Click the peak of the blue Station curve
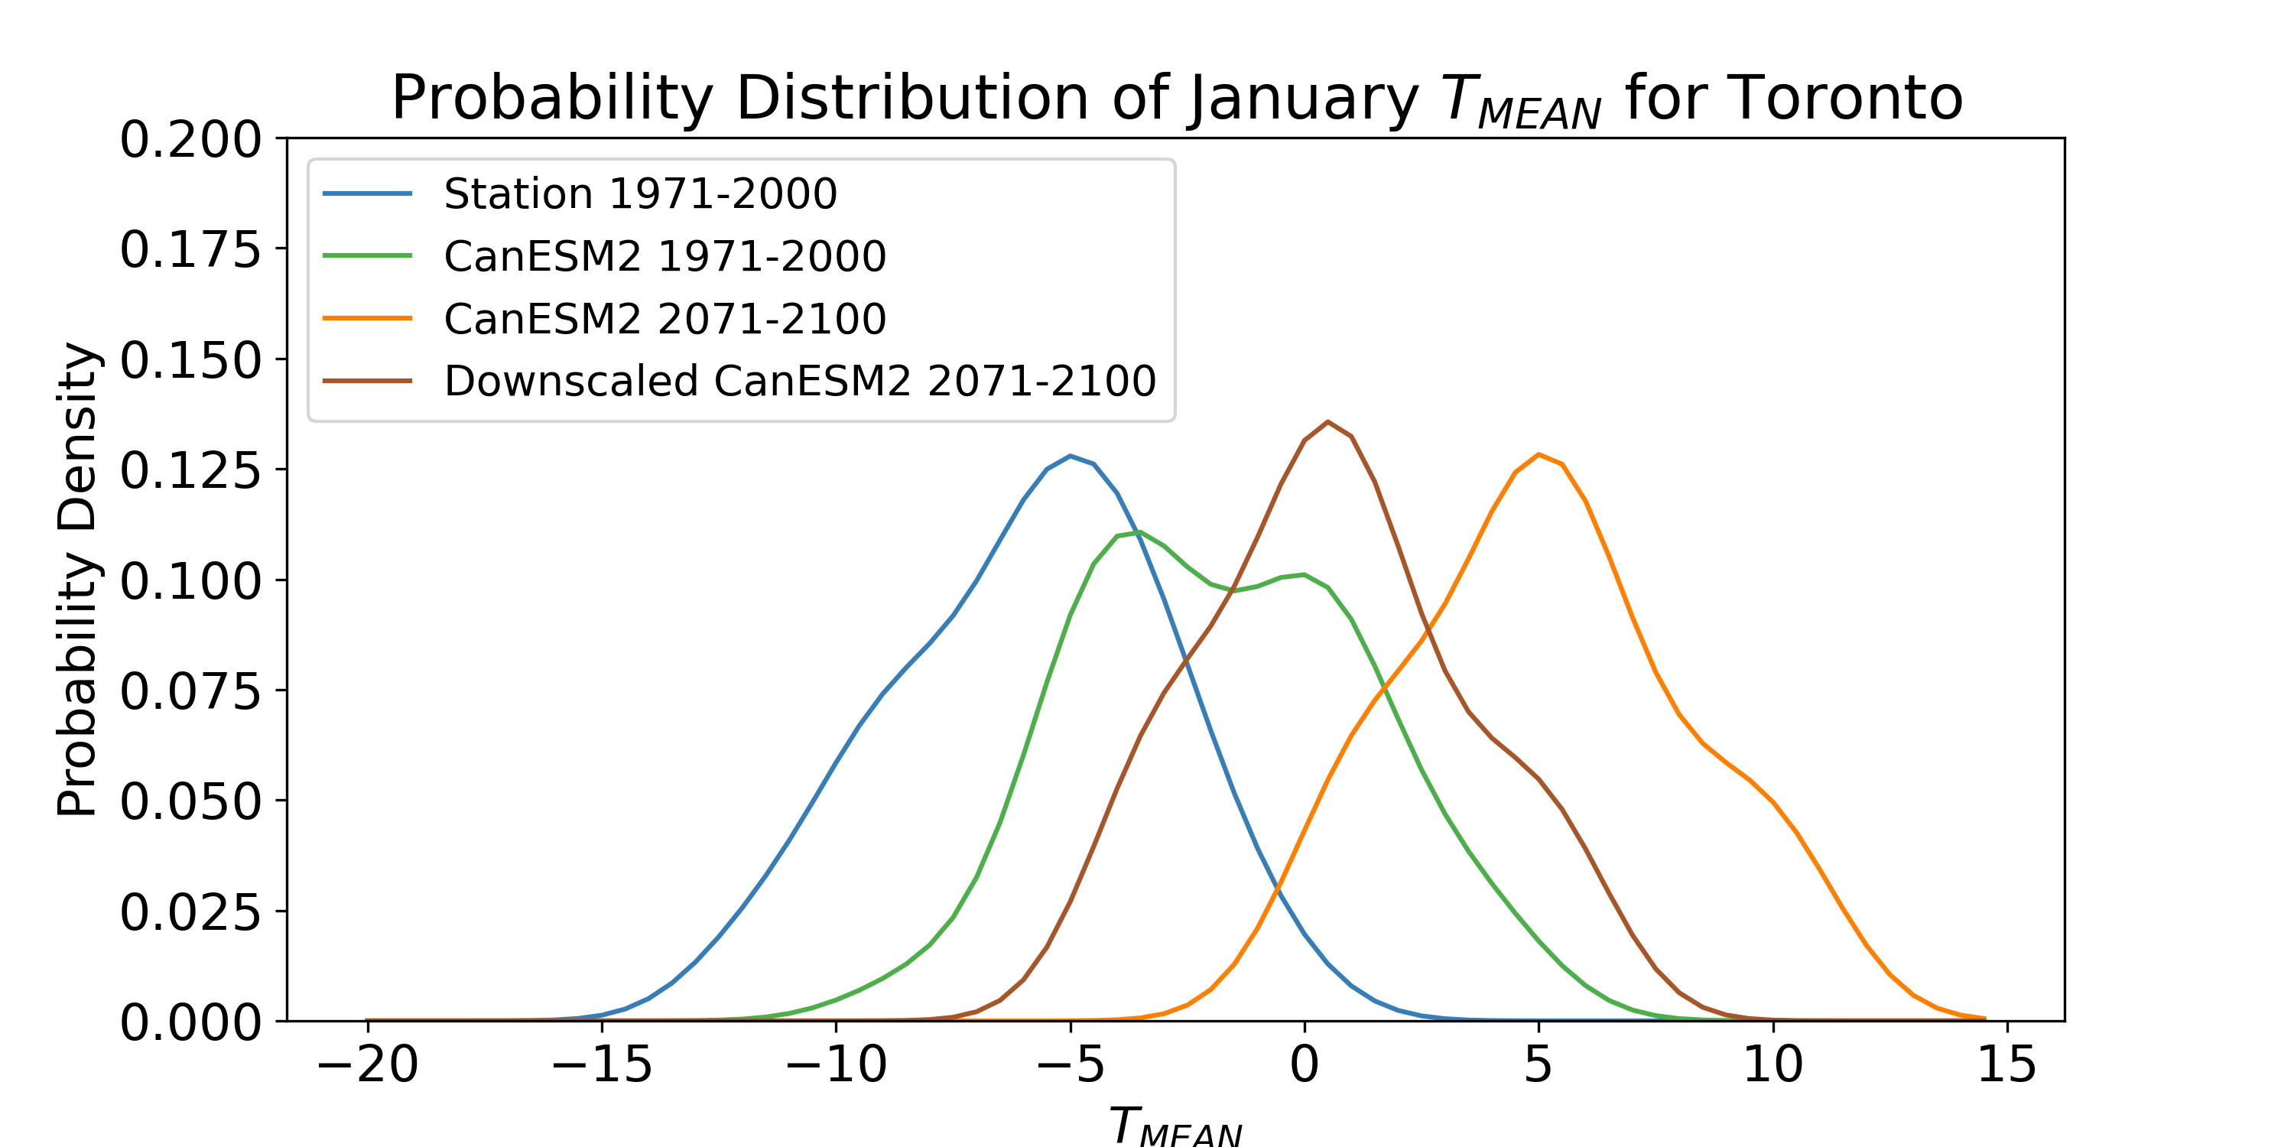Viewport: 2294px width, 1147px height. click(1071, 456)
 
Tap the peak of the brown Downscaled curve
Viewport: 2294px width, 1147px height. click(1327, 422)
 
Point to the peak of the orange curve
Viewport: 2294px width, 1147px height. click(1539, 455)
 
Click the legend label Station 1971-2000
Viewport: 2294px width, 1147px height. click(640, 193)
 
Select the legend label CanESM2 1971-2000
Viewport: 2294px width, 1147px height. click(664, 255)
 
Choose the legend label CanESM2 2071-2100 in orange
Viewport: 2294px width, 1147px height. click(664, 318)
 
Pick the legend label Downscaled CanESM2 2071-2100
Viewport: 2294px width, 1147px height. click(800, 380)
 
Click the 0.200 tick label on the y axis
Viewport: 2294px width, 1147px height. click(190, 140)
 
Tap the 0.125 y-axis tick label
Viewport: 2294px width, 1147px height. click(190, 470)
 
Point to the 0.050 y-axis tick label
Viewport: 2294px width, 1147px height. click(190, 801)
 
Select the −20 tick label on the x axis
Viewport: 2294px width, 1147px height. click(367, 1064)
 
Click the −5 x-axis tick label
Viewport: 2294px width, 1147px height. click(1070, 1064)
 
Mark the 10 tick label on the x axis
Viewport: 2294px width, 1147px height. click(1773, 1064)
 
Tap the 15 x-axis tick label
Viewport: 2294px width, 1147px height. click(2007, 1064)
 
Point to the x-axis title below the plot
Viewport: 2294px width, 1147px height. click(1175, 1126)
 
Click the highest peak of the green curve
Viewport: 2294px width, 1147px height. click(1139, 532)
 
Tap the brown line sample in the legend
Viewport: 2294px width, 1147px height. click(367, 381)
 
